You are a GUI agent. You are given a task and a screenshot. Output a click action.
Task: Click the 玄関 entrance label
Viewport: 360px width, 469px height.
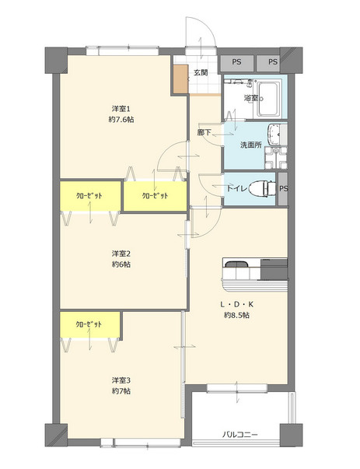tap(201, 72)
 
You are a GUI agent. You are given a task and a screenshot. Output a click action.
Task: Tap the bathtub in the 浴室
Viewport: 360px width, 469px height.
tap(268, 99)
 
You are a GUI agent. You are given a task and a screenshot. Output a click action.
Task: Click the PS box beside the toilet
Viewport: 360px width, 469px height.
tap(283, 189)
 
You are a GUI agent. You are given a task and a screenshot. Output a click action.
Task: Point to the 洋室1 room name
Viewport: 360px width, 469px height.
tap(121, 108)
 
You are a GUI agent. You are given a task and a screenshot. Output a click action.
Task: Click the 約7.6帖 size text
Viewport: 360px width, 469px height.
tap(121, 120)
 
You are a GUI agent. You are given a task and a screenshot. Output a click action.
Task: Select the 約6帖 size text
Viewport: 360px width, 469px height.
tap(121, 264)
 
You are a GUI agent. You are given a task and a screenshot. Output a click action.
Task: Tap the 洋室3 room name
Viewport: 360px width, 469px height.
tap(121, 380)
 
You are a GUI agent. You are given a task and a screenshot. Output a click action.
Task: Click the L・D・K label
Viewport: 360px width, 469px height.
tap(237, 304)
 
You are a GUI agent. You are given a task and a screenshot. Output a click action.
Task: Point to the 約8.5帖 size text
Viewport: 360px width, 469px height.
tap(237, 315)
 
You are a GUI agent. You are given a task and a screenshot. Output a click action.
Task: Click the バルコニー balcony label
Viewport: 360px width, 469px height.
tap(239, 435)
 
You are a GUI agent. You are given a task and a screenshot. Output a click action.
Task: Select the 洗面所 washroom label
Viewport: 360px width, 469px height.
tap(251, 145)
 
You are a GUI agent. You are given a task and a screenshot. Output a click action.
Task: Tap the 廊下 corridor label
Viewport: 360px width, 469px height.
tap(204, 132)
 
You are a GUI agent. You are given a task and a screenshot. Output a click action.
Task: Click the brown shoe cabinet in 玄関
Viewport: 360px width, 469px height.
tap(181, 79)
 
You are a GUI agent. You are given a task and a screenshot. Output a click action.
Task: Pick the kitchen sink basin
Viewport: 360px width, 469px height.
tap(236, 264)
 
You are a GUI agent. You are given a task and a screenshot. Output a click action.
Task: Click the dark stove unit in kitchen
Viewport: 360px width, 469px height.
tap(274, 269)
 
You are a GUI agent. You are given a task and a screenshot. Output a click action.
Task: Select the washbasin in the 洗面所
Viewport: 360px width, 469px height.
tap(274, 135)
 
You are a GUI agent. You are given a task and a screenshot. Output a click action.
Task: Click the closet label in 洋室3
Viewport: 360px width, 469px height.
tap(89, 324)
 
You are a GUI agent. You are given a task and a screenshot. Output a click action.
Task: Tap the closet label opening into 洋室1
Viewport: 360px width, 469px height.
tap(155, 196)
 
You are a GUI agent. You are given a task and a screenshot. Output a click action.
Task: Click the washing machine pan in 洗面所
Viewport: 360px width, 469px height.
tap(276, 159)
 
